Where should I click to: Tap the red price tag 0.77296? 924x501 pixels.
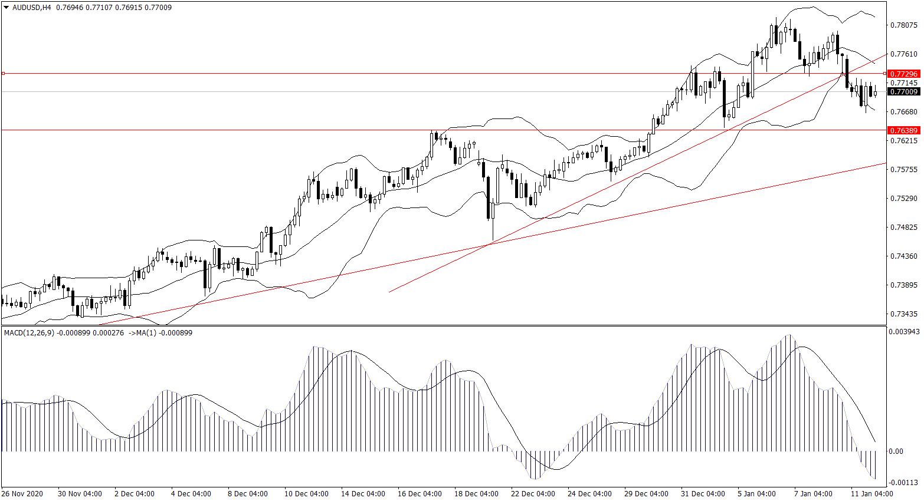tap(903, 74)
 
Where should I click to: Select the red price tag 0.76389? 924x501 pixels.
tap(903, 130)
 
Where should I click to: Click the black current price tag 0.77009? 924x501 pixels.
tap(903, 91)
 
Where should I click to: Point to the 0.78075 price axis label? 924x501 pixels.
tap(903, 25)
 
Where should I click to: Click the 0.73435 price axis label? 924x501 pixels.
tap(903, 314)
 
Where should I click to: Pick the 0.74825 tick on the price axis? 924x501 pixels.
tap(903, 228)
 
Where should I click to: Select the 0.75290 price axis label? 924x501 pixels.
tap(903, 199)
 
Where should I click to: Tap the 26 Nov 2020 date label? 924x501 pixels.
tap(22, 494)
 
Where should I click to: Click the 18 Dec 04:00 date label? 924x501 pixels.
tap(476, 494)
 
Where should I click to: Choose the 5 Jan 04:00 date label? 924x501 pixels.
tap(757, 494)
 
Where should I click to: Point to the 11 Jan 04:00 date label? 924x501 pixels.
tap(871, 494)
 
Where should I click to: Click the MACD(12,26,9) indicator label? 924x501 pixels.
tap(29, 333)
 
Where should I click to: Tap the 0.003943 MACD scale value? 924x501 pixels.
tap(905, 332)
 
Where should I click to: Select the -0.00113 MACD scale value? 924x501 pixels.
tap(903, 483)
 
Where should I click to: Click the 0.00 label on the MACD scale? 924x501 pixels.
tap(896, 451)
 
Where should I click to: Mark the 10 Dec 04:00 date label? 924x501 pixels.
tap(306, 494)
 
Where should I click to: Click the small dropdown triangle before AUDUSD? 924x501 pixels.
tap(6, 8)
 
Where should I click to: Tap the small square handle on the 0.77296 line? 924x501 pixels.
tap(4, 74)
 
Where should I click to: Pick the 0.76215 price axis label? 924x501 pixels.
tap(903, 141)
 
